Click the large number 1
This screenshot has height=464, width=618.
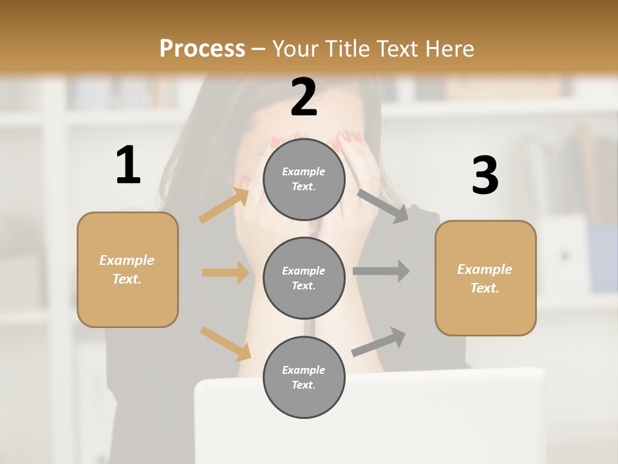click(x=128, y=166)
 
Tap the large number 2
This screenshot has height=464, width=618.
click(x=304, y=97)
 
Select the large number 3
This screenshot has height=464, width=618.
click(x=485, y=175)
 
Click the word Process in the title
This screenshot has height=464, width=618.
click(x=202, y=48)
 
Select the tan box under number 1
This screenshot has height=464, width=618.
click(x=127, y=269)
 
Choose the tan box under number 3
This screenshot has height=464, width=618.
click(x=485, y=278)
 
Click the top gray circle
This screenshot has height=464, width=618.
click(x=304, y=179)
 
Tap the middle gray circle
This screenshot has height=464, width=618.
click(x=304, y=278)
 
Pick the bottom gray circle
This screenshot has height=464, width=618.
click(x=304, y=378)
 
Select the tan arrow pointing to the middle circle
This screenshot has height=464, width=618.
click(x=225, y=273)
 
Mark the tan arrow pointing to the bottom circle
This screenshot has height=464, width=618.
click(x=225, y=343)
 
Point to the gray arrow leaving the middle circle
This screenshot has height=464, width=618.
click(x=381, y=271)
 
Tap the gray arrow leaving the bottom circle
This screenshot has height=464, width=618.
click(x=379, y=342)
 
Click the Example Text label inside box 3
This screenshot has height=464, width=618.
click(x=485, y=278)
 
